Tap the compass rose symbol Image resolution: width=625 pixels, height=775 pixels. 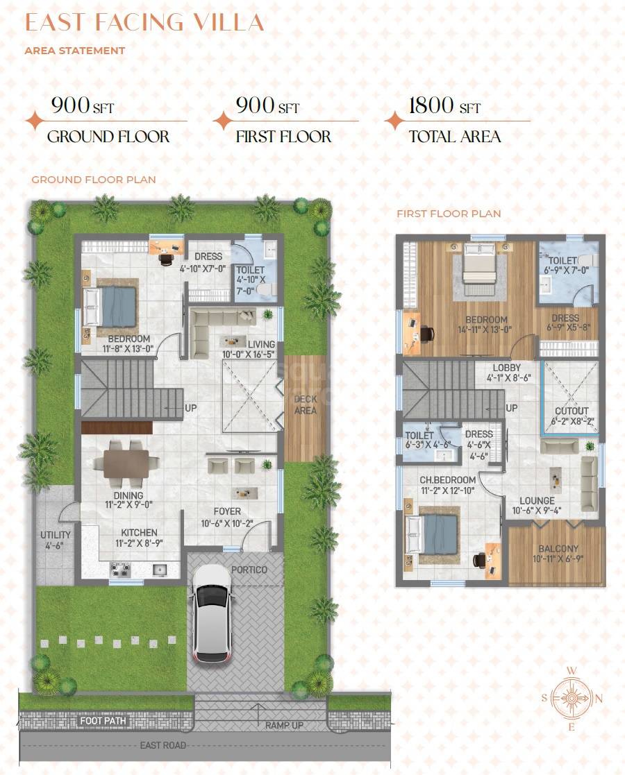(572, 697)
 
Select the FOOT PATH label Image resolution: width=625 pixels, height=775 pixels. (102, 721)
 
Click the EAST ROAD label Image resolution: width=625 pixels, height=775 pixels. (163, 745)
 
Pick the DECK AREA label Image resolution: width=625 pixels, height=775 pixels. (305, 404)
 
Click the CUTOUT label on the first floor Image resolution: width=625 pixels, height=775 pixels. (572, 411)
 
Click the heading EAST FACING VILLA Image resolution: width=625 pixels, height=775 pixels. (144, 22)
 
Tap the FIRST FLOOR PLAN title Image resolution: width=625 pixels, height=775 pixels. (449, 214)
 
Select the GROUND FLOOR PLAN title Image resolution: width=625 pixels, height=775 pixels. (93, 180)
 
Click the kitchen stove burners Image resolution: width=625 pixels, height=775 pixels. (120, 570)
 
